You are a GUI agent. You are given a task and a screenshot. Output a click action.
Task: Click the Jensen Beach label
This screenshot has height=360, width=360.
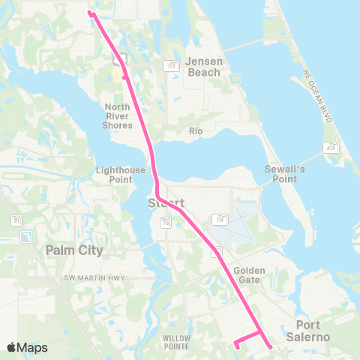203,67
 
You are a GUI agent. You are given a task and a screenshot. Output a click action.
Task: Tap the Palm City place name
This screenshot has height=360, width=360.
74,249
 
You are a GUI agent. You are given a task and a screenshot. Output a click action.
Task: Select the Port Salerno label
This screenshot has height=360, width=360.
307,331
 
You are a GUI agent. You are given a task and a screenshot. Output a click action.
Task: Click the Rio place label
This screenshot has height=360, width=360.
196,131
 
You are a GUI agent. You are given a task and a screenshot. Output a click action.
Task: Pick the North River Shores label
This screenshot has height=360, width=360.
117,116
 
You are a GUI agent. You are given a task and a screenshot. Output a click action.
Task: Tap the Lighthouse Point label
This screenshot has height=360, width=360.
120,175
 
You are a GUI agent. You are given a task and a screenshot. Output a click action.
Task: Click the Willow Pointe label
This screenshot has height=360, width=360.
178,343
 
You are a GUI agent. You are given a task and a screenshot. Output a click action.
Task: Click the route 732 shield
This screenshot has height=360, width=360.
172,65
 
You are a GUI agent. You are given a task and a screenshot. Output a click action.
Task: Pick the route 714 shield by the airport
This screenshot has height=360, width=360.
220,220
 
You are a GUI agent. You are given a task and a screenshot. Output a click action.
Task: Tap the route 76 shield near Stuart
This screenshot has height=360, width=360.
166,221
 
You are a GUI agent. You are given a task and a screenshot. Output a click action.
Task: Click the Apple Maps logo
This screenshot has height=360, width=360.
27,347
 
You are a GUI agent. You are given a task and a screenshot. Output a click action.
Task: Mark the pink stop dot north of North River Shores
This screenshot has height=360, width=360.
124,76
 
